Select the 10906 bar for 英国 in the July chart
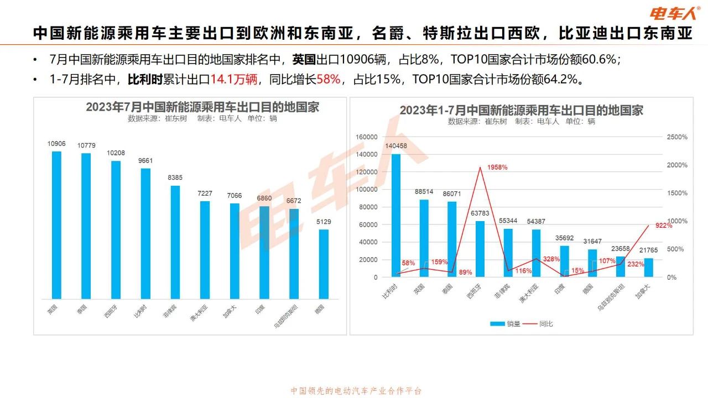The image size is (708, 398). [56, 224]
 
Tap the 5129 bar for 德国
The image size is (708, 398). [324, 264]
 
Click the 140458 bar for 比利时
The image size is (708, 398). [396, 216]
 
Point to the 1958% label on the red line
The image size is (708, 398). [497, 167]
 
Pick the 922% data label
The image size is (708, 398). [664, 226]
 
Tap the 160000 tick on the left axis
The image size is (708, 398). [367, 137]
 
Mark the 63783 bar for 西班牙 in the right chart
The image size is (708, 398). [480, 249]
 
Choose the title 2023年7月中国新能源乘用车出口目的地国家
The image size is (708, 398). [202, 107]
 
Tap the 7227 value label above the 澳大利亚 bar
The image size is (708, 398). [205, 194]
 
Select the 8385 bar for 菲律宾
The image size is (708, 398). [175, 242]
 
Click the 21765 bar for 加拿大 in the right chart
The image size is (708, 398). [649, 268]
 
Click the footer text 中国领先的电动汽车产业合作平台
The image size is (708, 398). [356, 391]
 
